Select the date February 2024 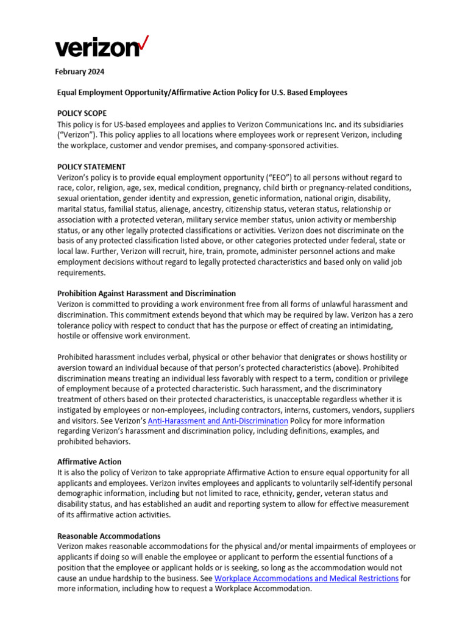coord(80,72)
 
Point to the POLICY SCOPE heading coord(82,113)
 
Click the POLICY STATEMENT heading coord(91,166)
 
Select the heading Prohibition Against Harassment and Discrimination coord(146,293)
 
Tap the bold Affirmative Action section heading coord(89,462)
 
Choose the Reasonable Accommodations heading coord(108,536)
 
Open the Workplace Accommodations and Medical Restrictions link coord(307,578)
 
